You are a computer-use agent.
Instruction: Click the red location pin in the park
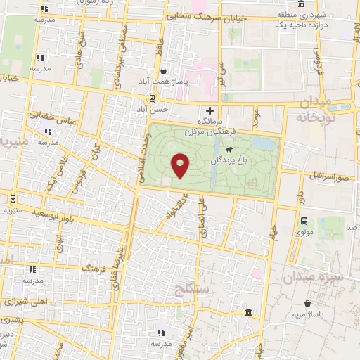click(x=181, y=165)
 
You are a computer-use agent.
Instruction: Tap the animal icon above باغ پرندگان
click(x=229, y=150)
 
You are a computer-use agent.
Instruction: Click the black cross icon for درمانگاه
click(x=210, y=110)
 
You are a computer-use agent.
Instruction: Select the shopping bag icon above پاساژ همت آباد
click(x=164, y=71)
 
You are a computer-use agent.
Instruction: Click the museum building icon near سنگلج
click(x=247, y=313)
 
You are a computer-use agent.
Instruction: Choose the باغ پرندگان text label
click(x=229, y=161)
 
